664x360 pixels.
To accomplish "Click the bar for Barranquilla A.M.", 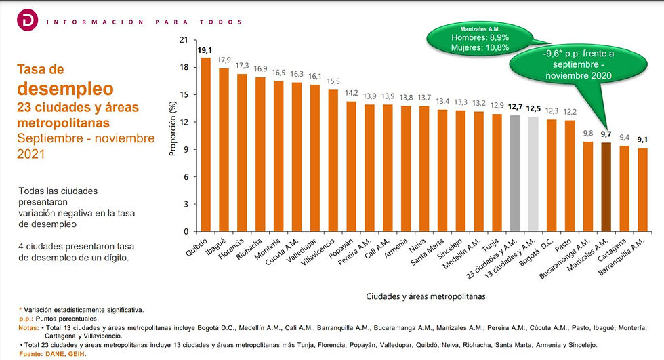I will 643,190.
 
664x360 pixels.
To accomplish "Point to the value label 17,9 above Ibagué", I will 224,60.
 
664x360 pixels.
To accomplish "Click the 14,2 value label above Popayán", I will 351,94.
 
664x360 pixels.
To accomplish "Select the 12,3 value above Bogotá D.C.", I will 552,111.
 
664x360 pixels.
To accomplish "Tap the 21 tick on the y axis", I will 182,40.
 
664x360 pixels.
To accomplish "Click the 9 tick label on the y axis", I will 184,149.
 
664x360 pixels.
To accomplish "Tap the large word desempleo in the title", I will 65,88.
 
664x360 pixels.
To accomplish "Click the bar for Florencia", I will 242,153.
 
